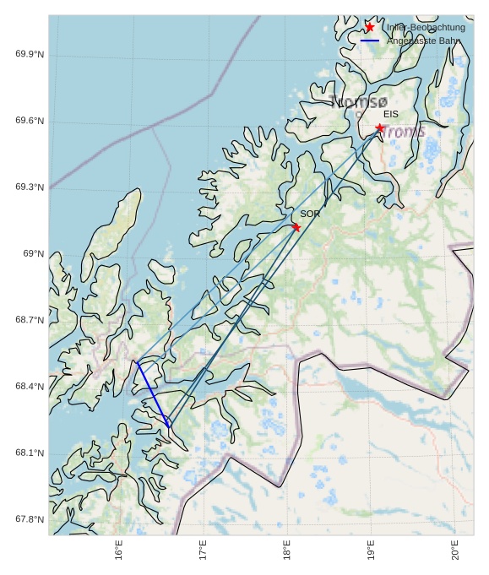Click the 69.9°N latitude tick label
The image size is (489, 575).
[x=30, y=55]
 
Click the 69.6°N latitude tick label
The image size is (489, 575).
[x=30, y=122]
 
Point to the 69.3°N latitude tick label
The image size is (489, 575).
[x=30, y=187]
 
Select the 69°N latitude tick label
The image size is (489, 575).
[x=33, y=254]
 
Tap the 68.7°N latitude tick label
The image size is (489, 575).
[x=30, y=320]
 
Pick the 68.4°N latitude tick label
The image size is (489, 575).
[x=30, y=387]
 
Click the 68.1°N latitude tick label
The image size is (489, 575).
[x=30, y=453]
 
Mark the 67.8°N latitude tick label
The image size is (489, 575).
[x=30, y=519]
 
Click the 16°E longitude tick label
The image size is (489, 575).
[x=119, y=550]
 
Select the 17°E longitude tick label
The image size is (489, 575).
[x=203, y=550]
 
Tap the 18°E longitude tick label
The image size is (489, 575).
[x=287, y=550]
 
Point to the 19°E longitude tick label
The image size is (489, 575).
[x=371, y=550]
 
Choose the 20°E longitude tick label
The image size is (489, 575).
[x=455, y=550]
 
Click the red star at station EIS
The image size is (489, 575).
[x=380, y=128]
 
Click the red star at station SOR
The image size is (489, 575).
[x=296, y=227]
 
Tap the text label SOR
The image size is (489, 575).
[x=310, y=214]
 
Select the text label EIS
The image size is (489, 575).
[x=391, y=114]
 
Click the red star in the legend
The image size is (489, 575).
[x=370, y=28]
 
